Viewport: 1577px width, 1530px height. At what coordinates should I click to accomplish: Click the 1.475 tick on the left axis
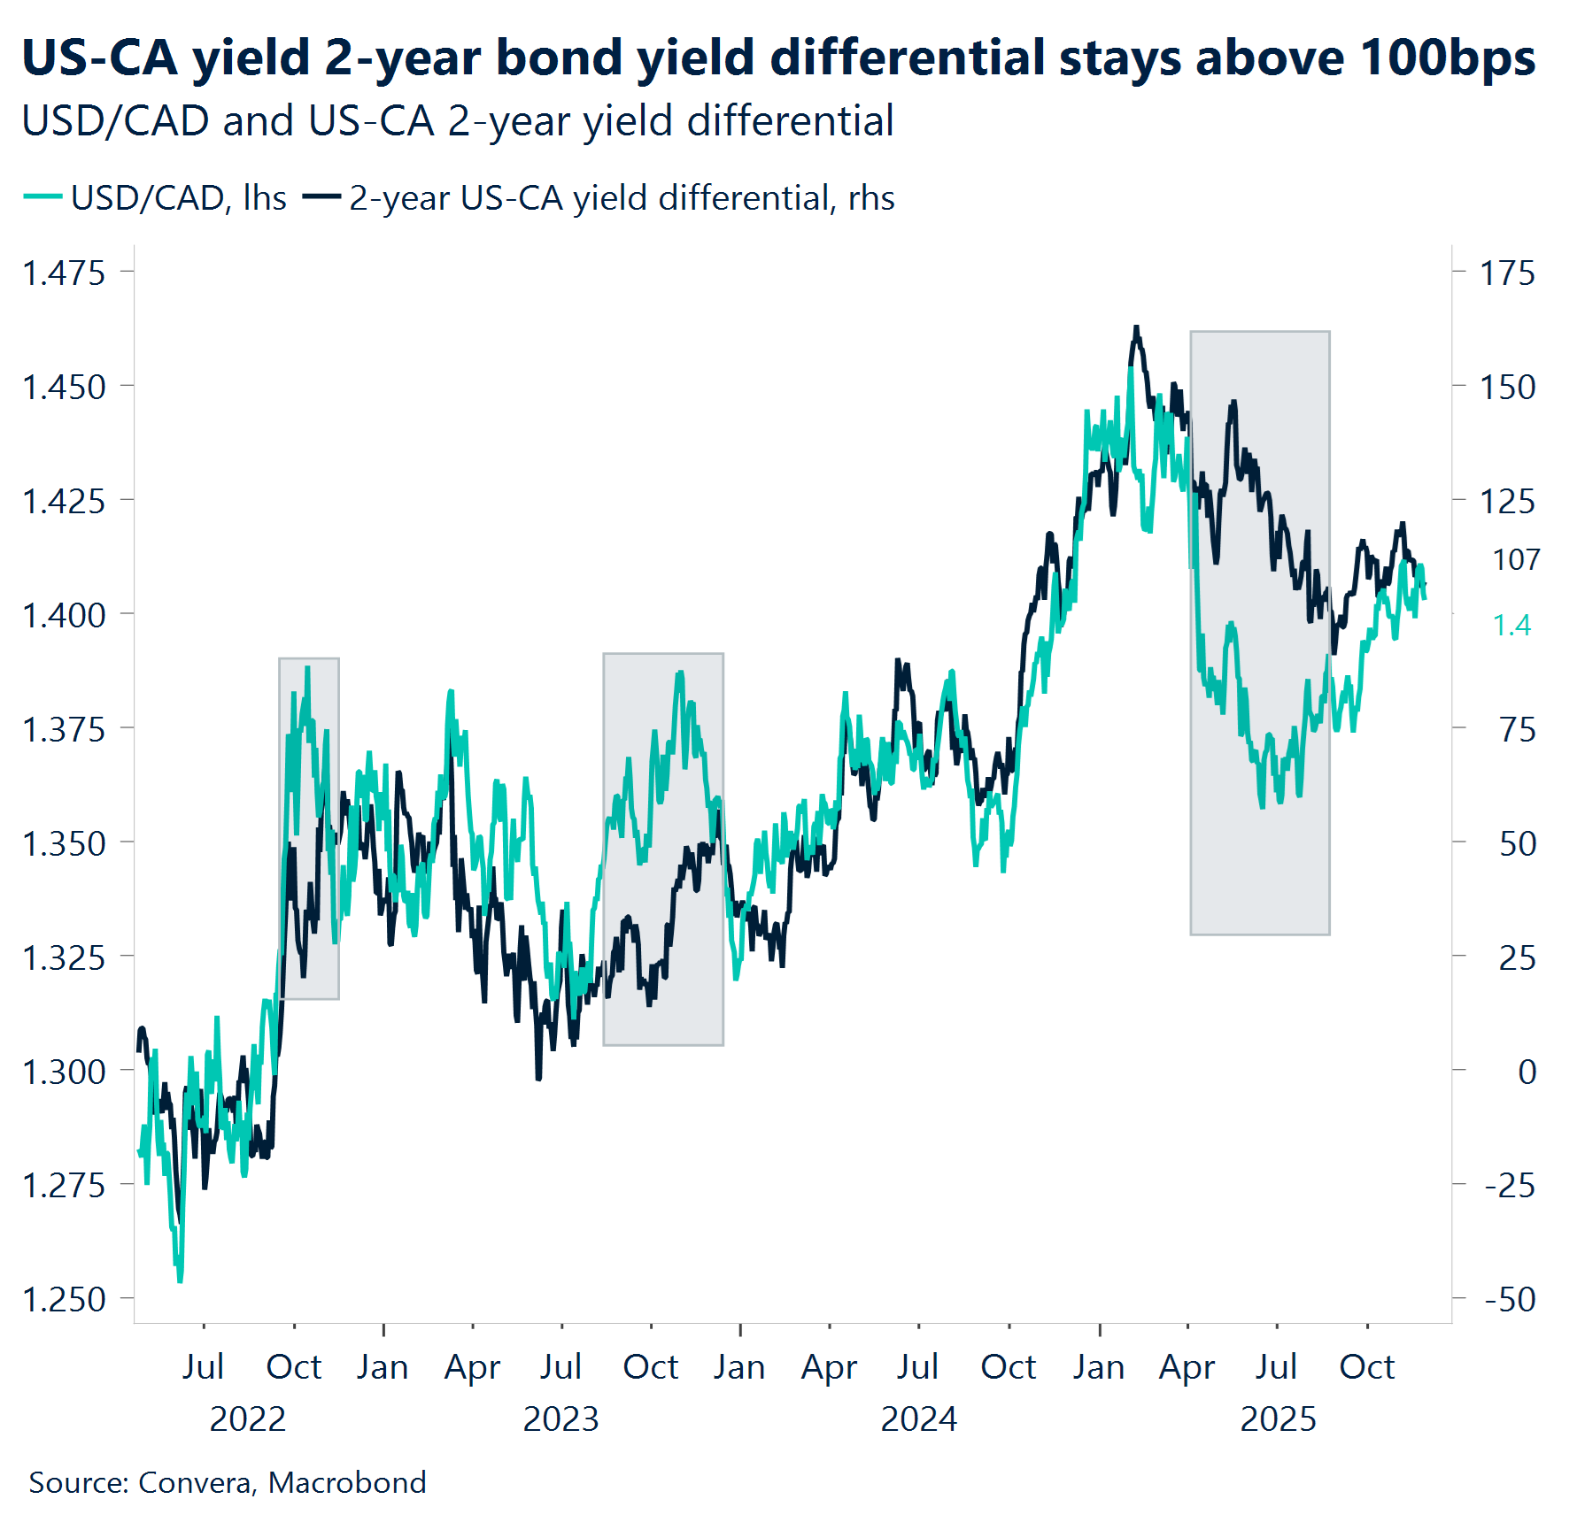pos(64,273)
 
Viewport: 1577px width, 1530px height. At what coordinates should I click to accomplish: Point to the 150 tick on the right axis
pos(1507,387)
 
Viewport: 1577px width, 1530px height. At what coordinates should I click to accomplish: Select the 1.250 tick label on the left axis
pos(64,1299)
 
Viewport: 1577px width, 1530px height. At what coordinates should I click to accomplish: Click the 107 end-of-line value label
pos(1516,559)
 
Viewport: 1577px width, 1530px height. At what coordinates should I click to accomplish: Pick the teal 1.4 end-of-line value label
pos(1511,625)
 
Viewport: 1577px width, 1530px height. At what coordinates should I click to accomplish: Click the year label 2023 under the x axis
pos(560,1419)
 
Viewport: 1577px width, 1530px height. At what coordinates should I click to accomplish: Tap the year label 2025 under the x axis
pos(1277,1419)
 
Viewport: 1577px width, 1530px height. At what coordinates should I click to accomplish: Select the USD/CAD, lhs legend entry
pos(156,198)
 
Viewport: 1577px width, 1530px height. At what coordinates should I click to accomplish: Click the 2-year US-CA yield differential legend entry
pos(599,198)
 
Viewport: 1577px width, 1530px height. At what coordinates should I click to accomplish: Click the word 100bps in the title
pos(1447,58)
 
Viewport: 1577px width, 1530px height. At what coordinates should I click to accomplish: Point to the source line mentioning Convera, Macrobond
pos(228,1482)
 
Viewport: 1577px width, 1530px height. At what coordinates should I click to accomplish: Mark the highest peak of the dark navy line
pos(1137,327)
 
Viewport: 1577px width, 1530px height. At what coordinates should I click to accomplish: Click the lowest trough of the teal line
pos(180,1280)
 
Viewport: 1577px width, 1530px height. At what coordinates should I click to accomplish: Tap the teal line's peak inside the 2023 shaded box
pos(680,673)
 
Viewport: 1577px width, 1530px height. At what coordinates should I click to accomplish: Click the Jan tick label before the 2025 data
pos(1099,1367)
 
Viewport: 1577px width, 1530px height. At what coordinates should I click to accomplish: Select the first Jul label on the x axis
pos(203,1367)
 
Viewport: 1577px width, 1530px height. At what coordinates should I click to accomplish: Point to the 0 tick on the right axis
pos(1527,1072)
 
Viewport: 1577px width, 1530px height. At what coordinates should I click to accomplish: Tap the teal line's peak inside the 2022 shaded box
pos(307,668)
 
